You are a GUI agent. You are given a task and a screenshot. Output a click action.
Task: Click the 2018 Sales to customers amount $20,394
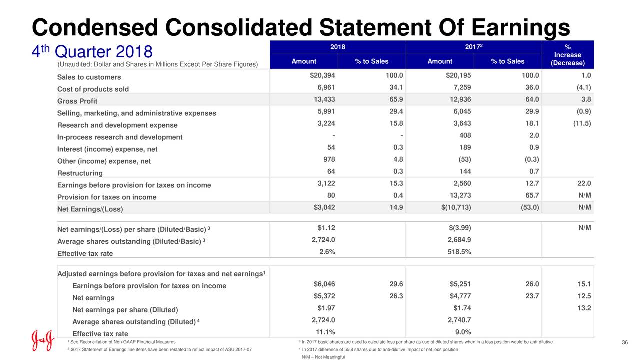coord(322,76)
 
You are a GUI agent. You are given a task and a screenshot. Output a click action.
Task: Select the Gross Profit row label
coord(77,101)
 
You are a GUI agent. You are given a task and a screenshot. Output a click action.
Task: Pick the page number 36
coord(624,342)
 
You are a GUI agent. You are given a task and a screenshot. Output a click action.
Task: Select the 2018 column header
coord(338,46)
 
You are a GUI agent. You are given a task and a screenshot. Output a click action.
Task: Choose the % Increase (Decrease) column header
coord(567,55)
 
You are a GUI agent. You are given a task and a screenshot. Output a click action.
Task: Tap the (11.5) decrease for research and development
coord(582,124)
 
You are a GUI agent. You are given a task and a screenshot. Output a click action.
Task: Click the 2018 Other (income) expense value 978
coord(329,160)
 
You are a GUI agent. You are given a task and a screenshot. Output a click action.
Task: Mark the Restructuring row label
coord(80,173)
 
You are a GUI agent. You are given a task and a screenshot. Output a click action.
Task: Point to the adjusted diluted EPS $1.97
coord(326,308)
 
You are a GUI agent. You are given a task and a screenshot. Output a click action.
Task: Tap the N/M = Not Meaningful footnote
coord(323,357)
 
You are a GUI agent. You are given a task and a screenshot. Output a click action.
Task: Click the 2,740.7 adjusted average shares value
coord(459,320)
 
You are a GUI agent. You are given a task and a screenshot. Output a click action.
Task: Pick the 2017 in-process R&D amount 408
coord(464,136)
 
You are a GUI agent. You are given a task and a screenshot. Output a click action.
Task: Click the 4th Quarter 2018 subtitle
coord(92,52)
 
